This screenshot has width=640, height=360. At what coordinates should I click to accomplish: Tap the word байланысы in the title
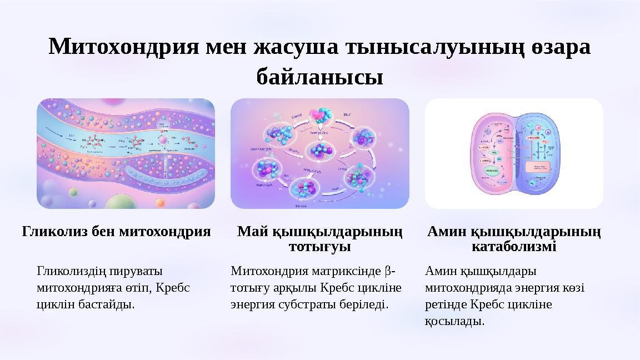pos(319,77)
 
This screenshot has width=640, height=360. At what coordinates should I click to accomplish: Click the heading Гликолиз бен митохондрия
pos(117,231)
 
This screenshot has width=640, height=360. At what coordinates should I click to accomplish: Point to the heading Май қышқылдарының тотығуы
pos(319,238)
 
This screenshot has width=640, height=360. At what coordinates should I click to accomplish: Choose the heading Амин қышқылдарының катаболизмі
pos(514,238)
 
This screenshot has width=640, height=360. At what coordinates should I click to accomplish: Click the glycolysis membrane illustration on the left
pos(126,153)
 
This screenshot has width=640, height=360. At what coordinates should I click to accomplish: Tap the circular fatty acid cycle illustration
pos(319,153)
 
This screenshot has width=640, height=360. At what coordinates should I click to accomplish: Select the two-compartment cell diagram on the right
pos(514,153)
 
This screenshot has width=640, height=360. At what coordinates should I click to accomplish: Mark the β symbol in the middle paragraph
pos(387,272)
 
